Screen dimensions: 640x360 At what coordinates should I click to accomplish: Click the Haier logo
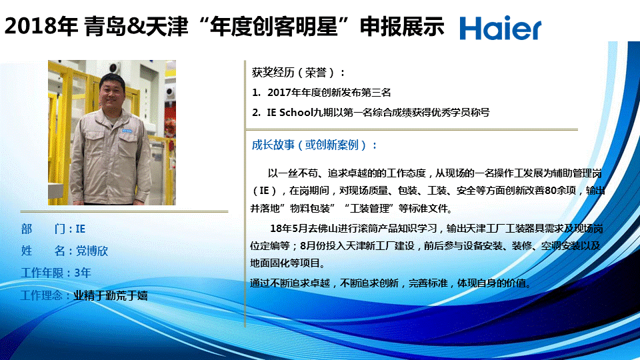[501, 28]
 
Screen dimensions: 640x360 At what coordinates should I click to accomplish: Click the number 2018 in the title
[30, 26]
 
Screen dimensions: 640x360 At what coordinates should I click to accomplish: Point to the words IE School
[290, 113]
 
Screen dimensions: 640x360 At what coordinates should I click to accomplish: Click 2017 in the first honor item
[279, 93]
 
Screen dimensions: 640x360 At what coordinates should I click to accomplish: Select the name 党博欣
[92, 251]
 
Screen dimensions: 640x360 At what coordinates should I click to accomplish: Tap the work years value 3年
[83, 273]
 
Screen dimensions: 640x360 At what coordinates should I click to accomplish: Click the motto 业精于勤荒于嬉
[111, 295]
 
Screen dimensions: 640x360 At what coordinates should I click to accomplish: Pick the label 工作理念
[41, 295]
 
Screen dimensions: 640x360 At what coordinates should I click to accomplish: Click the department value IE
[81, 229]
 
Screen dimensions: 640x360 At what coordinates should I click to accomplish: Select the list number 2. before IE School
[256, 113]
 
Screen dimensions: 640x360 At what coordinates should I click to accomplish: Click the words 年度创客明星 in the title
[274, 26]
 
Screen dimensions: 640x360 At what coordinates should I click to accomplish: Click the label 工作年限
[41, 273]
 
